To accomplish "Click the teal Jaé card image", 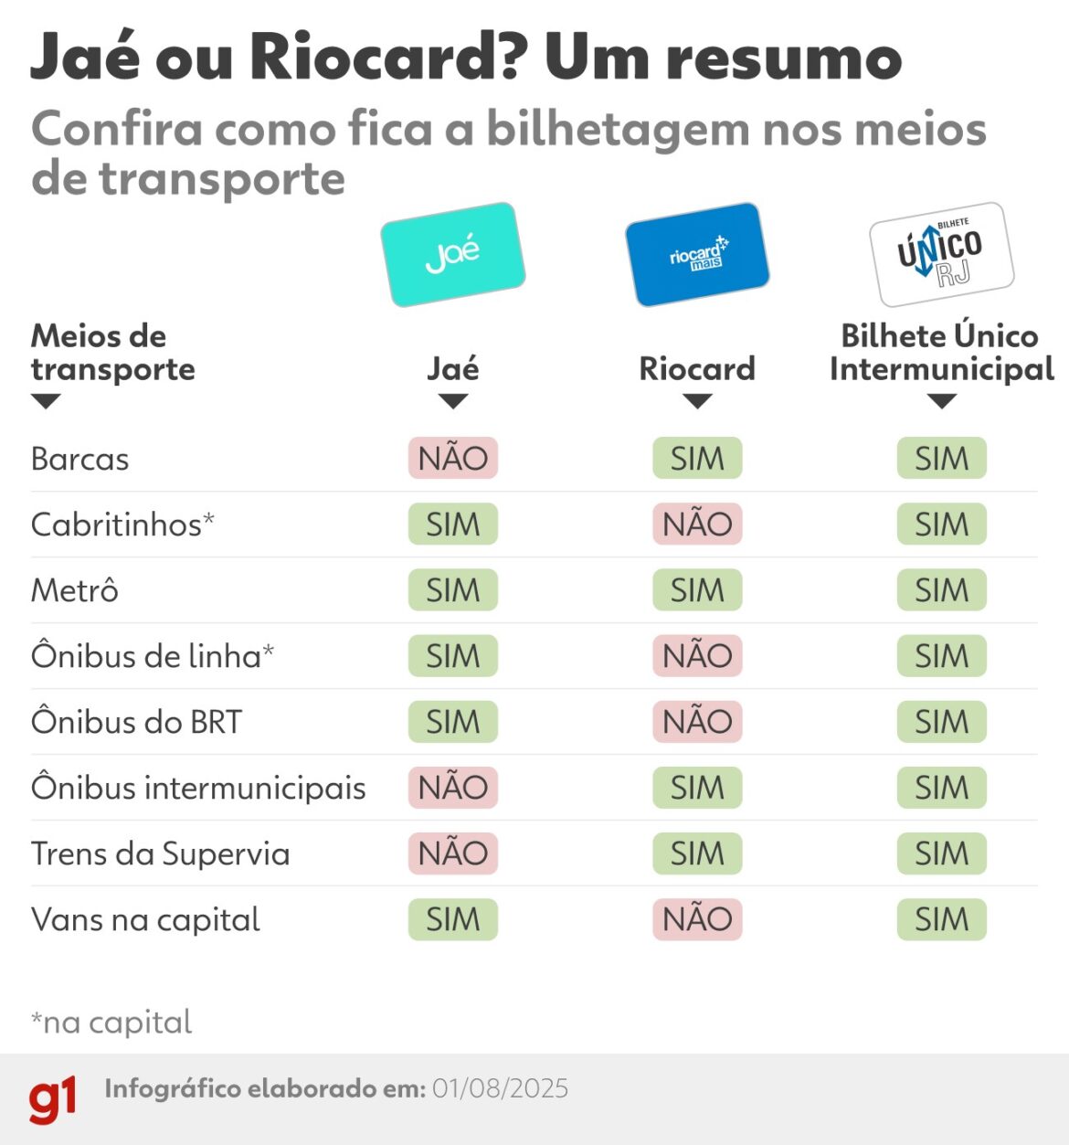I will point(452,254).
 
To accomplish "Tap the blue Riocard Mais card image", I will point(697,254).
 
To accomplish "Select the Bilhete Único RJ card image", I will point(941,254).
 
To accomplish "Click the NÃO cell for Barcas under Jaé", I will point(452,458).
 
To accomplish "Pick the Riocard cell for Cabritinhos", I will point(697,524).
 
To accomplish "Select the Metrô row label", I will point(75,590).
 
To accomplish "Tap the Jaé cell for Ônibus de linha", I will point(452,655).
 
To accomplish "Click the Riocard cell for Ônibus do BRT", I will point(697,721).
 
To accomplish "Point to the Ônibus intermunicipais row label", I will point(198,788).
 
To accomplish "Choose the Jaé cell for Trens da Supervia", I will point(452,853).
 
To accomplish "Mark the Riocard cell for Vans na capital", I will point(697,918).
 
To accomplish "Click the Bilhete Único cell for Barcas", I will point(941,458).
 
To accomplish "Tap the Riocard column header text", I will point(697,368).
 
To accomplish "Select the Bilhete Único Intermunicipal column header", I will point(941,352).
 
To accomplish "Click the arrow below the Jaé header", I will point(452,401).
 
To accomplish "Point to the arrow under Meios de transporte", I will point(46,401).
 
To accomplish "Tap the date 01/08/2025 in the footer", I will point(500,1088).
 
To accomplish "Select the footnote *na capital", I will point(111,1022).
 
